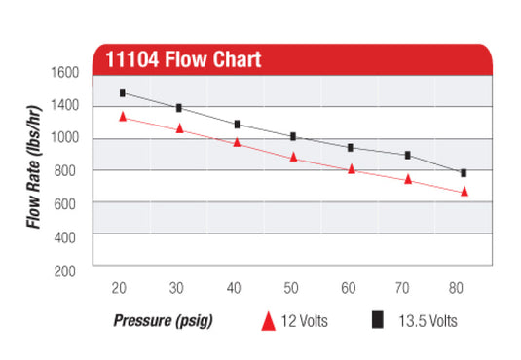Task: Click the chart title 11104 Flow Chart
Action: tap(182, 59)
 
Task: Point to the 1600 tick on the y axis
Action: tap(64, 73)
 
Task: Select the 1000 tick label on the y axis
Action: tap(64, 138)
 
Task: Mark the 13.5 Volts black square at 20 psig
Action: tap(123, 92)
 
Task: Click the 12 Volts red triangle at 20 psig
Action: tap(123, 116)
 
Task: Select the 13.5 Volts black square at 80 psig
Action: tap(465, 172)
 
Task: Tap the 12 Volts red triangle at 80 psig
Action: tap(465, 192)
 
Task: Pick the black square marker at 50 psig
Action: tap(293, 136)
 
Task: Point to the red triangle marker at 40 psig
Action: tap(237, 142)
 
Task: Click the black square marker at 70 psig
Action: tap(408, 155)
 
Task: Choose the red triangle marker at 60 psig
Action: tap(351, 169)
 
